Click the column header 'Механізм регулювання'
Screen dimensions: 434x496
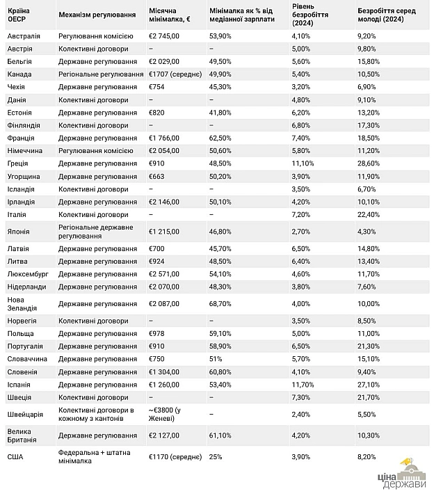tap(97, 15)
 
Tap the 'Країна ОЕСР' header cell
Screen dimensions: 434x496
tap(19, 15)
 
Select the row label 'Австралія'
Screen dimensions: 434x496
tap(24, 36)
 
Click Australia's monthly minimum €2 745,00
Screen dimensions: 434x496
tap(164, 36)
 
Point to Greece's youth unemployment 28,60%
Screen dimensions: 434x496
tap(369, 163)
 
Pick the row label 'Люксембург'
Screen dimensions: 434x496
tap(28, 274)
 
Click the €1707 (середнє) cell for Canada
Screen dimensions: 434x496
tap(175, 74)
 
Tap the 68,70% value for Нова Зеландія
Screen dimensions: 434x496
tap(220, 304)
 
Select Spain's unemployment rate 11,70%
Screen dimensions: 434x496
tap(303, 385)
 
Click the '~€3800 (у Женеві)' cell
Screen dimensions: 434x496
tap(165, 415)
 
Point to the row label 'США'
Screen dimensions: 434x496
tap(15, 457)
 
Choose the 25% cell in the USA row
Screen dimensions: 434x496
tap(216, 457)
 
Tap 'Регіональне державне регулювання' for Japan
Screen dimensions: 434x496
tap(96, 232)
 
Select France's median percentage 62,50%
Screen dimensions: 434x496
tap(220, 138)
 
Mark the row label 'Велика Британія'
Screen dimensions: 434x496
tap(22, 435)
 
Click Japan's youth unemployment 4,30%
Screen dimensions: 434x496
tap(367, 232)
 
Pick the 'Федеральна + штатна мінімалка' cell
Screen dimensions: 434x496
tap(95, 457)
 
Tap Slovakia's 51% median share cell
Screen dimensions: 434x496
tap(216, 359)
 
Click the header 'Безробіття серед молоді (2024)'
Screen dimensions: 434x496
tap(387, 15)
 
